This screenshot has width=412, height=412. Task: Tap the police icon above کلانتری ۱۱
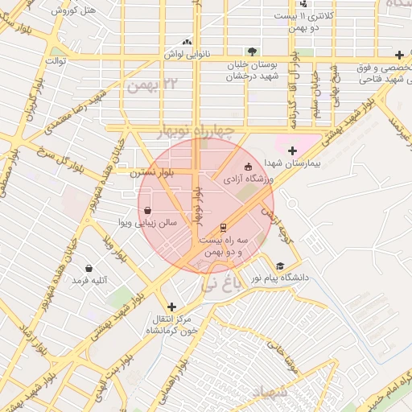tap(303, 4)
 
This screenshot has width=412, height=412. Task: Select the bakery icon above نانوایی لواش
tap(187, 42)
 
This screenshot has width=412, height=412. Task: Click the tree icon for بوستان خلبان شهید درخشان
tap(253, 51)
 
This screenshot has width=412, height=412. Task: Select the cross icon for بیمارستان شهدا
tap(291, 150)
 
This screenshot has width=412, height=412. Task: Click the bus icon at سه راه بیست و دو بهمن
tap(223, 228)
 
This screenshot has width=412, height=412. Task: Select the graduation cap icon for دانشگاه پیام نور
tap(280, 266)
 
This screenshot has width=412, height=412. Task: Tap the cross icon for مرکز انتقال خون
tap(171, 307)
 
